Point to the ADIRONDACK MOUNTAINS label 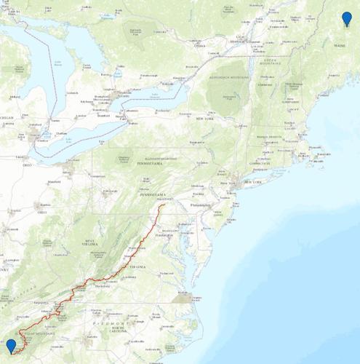pyautogui.click(x=230, y=76)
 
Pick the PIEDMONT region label pyautogui.click(x=111, y=321)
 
